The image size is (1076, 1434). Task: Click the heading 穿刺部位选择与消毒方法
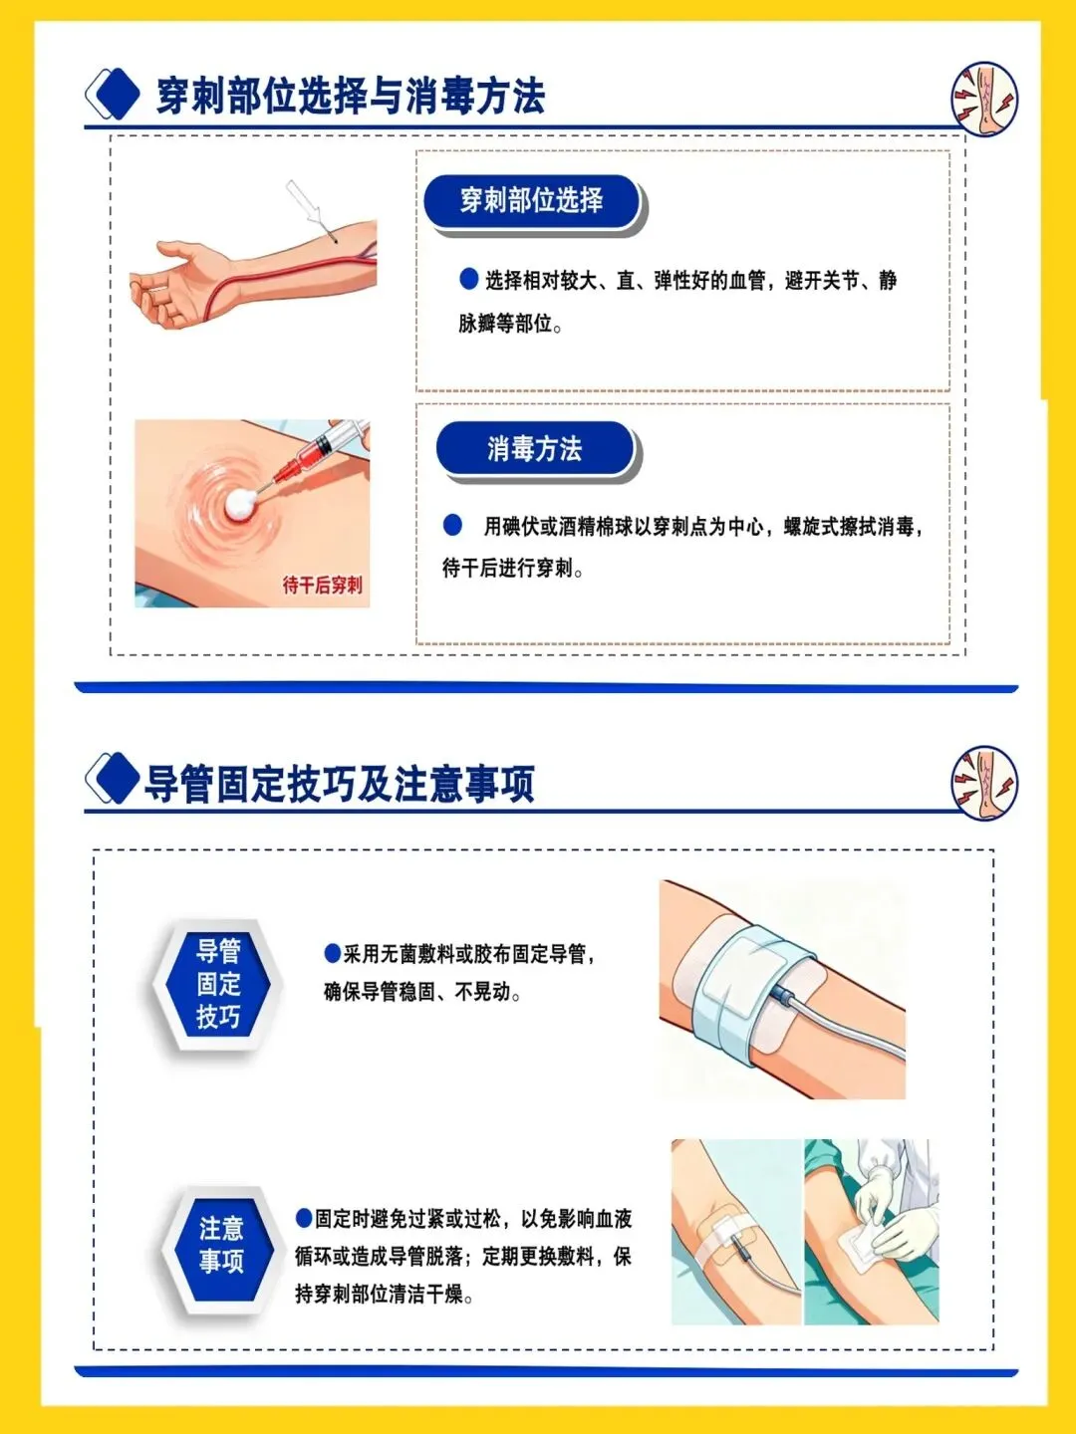point(350,96)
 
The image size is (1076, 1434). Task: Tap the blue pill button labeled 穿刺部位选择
point(530,200)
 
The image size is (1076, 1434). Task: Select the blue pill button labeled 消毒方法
point(534,449)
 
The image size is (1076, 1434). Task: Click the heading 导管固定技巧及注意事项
point(339,784)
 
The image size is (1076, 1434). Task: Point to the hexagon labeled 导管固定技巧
point(218,984)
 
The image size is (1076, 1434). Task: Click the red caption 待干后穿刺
point(322,584)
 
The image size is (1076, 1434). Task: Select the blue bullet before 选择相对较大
point(468,279)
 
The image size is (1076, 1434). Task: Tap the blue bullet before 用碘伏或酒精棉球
point(452,525)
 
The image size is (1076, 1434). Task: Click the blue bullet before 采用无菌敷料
point(332,953)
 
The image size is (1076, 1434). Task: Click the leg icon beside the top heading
point(984,98)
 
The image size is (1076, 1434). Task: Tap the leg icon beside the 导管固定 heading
point(984,782)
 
